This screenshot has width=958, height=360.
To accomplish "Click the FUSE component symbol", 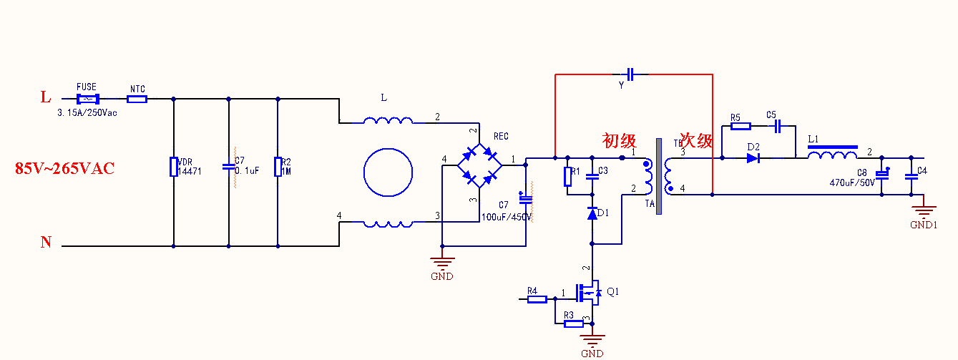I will [x=87, y=99].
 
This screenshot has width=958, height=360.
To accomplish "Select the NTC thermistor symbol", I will [x=137, y=99].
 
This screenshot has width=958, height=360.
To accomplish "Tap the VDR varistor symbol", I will [x=173, y=167].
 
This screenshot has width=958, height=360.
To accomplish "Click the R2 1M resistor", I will [x=278, y=167].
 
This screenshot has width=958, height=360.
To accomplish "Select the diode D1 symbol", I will [x=592, y=213].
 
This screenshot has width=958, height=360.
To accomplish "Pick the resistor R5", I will [x=741, y=127].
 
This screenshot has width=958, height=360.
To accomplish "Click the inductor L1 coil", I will [x=832, y=156].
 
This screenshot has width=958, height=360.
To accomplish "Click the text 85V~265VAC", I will [x=65, y=169].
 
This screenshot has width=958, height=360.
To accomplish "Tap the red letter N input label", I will [x=46, y=243].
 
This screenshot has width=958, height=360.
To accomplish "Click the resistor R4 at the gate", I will [x=537, y=299].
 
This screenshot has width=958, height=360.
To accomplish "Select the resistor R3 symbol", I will [x=574, y=323].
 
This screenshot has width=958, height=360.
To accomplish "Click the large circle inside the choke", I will [x=388, y=172].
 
